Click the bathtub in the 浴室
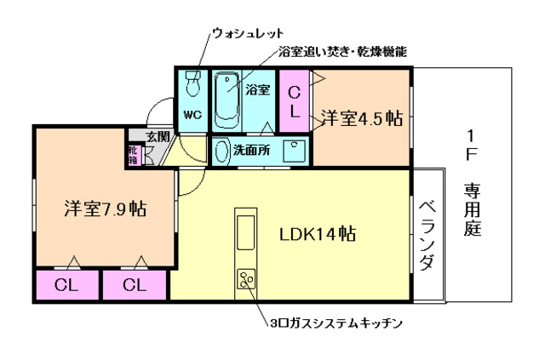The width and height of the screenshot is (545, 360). click(226, 100)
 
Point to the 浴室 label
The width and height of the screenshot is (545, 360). click(259, 89)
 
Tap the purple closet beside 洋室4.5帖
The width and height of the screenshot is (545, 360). click(295, 100)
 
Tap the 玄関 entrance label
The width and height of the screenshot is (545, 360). click(157, 136)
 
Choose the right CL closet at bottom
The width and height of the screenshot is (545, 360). click(135, 285)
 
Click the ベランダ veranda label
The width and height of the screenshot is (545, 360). click(427, 237)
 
